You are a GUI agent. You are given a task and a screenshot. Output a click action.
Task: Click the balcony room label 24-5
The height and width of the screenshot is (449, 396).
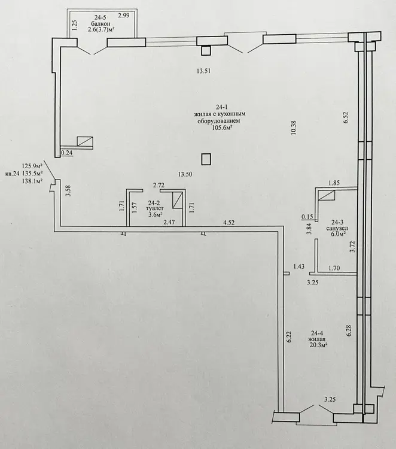(x=100, y=17)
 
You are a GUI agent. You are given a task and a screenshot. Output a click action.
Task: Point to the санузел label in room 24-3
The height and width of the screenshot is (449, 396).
(x=337, y=228)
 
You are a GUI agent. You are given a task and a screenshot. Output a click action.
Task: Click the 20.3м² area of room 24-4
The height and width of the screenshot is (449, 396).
(x=318, y=345)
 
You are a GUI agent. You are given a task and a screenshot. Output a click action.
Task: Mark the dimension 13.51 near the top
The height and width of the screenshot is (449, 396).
(x=203, y=71)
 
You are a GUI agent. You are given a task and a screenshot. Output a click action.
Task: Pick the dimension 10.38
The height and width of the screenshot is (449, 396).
(x=294, y=128)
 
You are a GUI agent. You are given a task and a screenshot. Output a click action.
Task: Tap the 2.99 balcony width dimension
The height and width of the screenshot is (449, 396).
(x=124, y=16)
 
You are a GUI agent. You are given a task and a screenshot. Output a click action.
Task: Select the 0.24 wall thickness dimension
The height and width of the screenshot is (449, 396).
(x=67, y=153)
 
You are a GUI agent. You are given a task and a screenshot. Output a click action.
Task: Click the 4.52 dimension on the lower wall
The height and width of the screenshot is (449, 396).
(x=229, y=222)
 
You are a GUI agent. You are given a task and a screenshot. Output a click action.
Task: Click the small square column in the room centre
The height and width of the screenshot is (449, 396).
(x=206, y=159)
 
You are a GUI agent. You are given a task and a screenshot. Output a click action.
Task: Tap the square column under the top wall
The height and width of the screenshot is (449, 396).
(x=206, y=51)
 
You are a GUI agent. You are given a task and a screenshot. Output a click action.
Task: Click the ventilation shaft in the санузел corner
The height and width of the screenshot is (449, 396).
(x=327, y=196)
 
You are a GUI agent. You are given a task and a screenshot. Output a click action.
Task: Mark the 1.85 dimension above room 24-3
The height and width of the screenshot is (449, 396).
(x=334, y=183)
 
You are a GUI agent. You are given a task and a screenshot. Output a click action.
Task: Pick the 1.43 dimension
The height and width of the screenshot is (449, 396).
(x=298, y=266)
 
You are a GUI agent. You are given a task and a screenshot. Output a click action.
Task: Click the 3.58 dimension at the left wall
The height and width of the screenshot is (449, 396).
(x=68, y=191)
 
